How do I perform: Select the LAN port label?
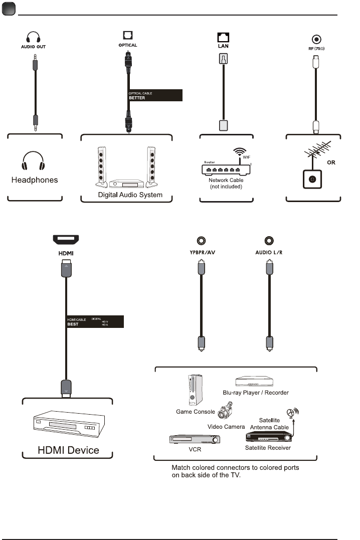pos(223,45)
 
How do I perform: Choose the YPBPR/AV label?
pos(201,252)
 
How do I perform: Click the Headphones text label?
pos(35,179)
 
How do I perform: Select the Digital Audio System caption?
pos(130,194)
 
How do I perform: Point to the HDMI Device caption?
pos(69,450)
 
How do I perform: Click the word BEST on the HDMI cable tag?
pos(73,324)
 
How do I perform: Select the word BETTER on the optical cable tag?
pos(137,98)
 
